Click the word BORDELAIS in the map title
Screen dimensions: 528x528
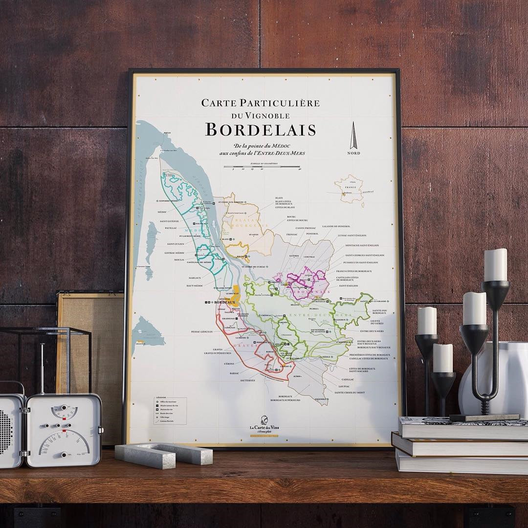coord(260,130)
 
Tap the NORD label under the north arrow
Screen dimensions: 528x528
coord(353,153)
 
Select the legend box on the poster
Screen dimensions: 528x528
coord(170,410)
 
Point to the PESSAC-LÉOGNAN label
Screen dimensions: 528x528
coord(202,331)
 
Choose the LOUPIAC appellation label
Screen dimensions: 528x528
coord(342,385)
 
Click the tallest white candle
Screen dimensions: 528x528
coord(496,264)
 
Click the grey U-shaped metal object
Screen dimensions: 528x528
coord(164,454)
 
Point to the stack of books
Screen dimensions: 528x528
coord(460,445)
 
